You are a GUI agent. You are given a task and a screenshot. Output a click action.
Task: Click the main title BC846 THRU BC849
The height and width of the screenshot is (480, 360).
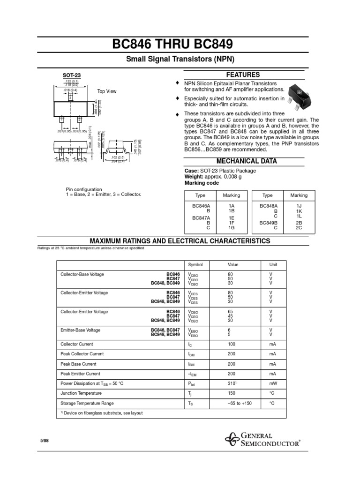click(x=180, y=45)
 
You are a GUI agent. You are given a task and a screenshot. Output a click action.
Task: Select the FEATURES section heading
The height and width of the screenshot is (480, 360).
click(x=243, y=75)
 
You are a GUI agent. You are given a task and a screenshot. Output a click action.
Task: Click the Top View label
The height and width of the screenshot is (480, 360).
click(x=107, y=91)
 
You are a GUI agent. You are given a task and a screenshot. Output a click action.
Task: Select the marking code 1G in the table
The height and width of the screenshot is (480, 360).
click(x=231, y=228)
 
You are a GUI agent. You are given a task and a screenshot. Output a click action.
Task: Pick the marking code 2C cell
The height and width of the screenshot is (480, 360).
click(x=299, y=228)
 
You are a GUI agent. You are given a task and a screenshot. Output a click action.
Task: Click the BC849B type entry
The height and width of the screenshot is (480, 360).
click(x=269, y=223)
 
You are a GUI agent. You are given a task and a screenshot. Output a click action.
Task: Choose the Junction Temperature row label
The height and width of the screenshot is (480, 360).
click(x=81, y=393)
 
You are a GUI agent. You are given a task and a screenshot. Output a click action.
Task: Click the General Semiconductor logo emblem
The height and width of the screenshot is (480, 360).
click(x=232, y=440)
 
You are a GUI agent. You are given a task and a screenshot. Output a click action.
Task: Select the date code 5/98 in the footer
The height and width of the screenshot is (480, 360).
click(x=45, y=441)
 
